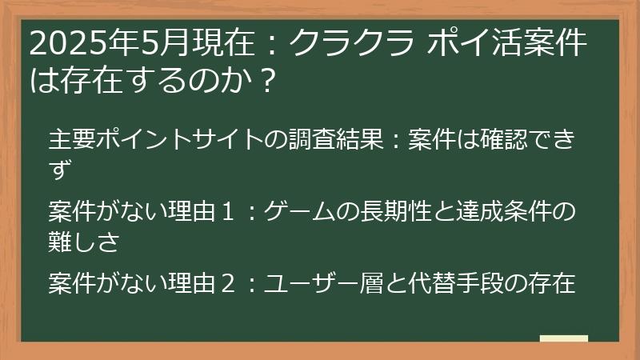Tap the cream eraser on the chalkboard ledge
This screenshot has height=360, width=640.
[564, 338]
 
